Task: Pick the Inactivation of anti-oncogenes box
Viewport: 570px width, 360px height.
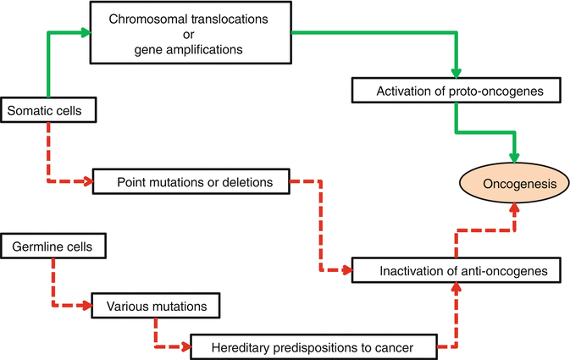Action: [x=457, y=272]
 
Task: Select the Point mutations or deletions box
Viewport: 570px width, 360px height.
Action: [x=190, y=181]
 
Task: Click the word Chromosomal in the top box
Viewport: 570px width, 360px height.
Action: [x=143, y=19]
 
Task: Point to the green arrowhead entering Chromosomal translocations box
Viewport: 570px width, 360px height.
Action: [x=86, y=33]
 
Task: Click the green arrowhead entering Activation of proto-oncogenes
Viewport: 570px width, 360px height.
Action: [x=456, y=75]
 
